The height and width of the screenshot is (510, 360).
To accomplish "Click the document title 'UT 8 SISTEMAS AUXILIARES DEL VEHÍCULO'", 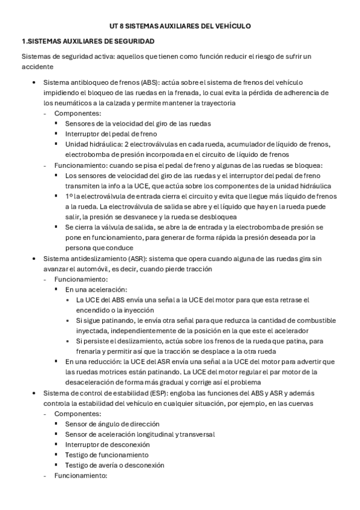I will tap(180, 26).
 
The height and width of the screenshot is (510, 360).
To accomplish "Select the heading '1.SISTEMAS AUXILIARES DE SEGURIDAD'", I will tap(88, 41).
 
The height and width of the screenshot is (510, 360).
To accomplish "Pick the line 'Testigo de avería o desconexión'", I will tap(115, 465).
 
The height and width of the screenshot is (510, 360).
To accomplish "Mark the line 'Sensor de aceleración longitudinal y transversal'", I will tap(140, 434).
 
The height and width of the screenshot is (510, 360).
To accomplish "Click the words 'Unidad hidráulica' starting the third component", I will tap(93, 144).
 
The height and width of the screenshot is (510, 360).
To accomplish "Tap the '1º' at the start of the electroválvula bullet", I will tap(69, 196).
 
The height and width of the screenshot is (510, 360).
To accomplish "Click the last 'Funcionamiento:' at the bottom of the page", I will tap(81, 476).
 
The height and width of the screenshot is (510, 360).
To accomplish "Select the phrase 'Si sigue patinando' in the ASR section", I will tap(106, 321).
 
